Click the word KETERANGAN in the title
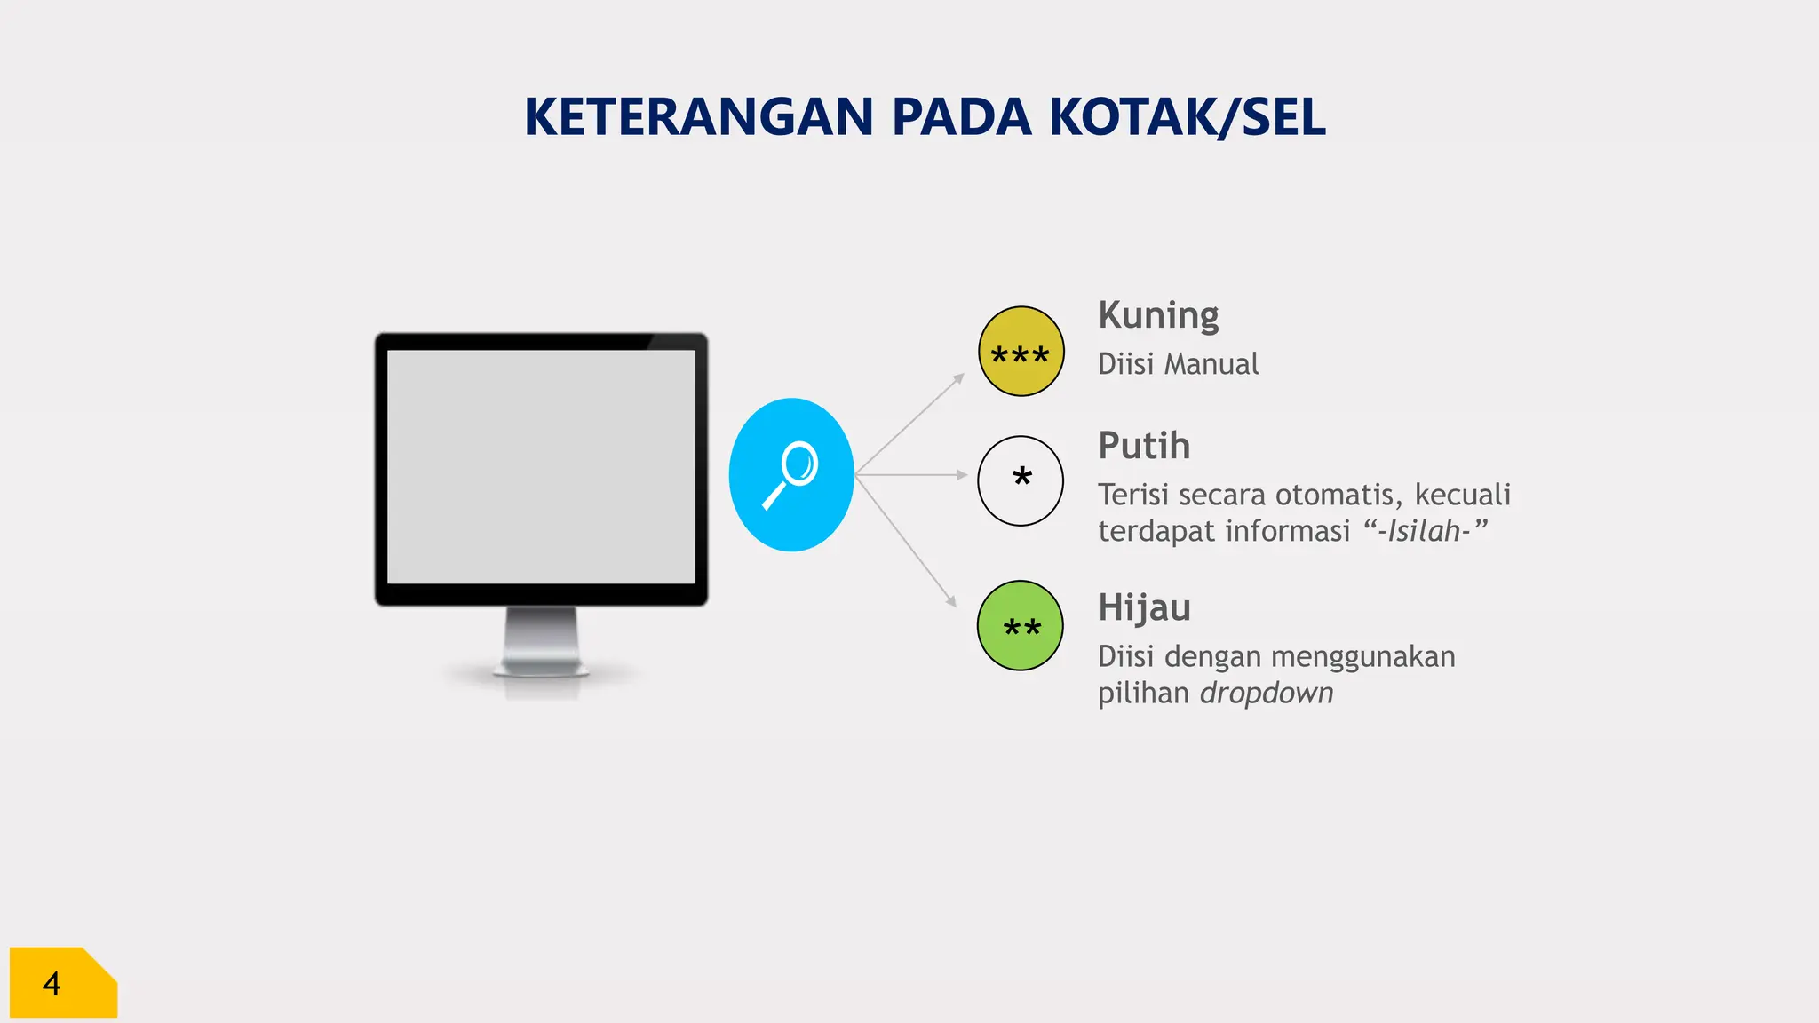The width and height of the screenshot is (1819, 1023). tap(699, 117)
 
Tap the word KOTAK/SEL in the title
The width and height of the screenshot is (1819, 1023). tap(1188, 117)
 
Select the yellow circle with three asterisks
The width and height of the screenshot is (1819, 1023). tap(1021, 352)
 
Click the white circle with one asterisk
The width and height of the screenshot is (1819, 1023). tap(1021, 480)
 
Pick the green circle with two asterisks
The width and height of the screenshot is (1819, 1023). tap(1021, 625)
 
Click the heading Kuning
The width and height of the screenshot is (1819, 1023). tap(1158, 316)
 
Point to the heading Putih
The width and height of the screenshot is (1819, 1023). tap(1144, 446)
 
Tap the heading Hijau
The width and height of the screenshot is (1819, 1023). tap(1144, 608)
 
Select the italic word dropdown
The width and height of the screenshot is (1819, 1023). tap(1267, 694)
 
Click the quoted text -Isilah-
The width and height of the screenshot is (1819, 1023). tap(1425, 531)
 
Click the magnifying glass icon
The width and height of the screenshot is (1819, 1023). tap(790, 475)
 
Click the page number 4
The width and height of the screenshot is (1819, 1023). tap(52, 984)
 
